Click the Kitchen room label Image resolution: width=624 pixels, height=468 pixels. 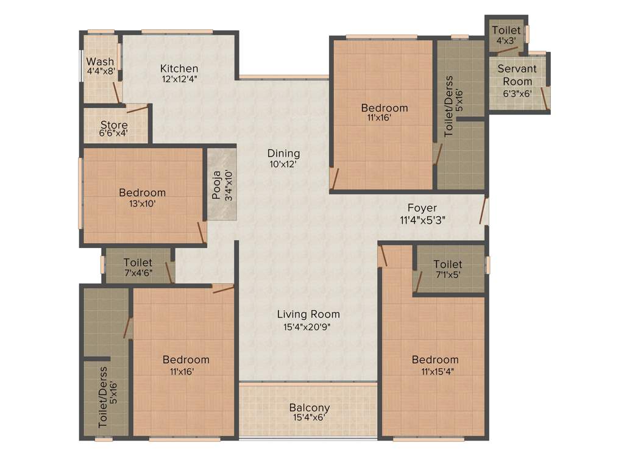click(179, 68)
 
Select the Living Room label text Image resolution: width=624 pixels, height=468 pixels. click(308, 314)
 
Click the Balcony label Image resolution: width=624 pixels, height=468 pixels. click(309, 408)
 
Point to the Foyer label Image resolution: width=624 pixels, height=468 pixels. click(422, 208)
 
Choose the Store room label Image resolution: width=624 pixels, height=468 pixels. click(114, 126)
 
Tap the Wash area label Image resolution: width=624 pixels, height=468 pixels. click(100, 62)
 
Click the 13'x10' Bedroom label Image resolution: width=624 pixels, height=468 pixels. click(142, 193)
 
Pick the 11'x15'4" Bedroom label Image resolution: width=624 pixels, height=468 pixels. click(434, 360)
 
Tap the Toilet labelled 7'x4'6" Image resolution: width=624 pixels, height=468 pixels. click(138, 263)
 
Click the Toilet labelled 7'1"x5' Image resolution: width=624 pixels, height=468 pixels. click(447, 264)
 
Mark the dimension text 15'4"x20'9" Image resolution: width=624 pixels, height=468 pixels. click(308, 326)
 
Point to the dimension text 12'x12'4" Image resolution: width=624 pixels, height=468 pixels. click(179, 79)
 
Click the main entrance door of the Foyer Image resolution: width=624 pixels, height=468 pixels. click(483, 210)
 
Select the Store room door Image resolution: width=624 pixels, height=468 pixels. click(137, 110)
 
